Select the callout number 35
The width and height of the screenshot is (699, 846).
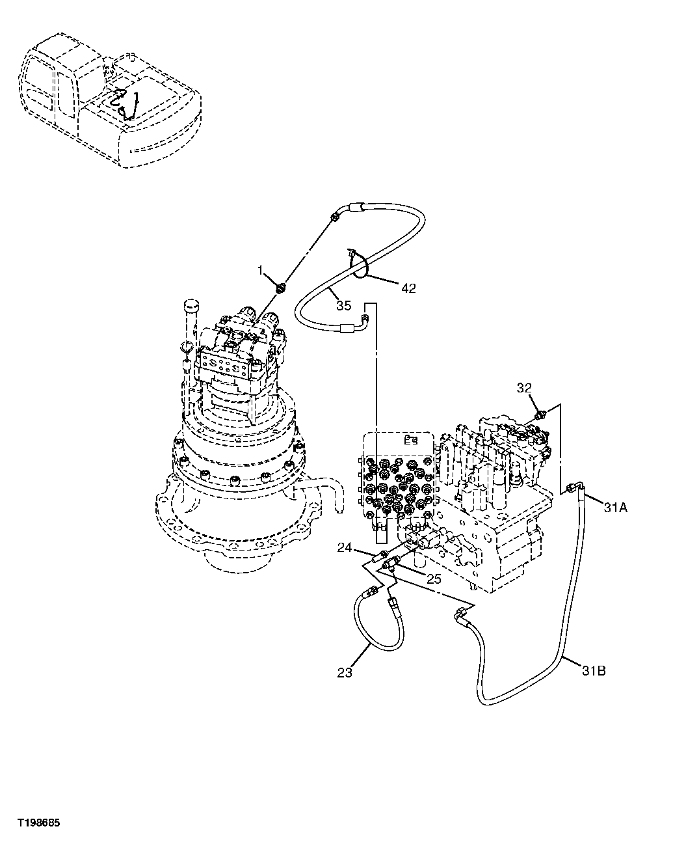click(x=343, y=305)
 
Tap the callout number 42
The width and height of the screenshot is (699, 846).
click(x=408, y=288)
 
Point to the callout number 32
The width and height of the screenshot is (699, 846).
click(x=524, y=389)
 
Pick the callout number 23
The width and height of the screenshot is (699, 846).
click(x=345, y=673)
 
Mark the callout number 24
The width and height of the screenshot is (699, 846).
click(x=345, y=548)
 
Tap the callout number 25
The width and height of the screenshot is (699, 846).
click(x=434, y=577)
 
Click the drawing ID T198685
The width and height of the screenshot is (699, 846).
click(x=38, y=823)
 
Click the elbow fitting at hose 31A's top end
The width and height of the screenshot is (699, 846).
click(x=573, y=486)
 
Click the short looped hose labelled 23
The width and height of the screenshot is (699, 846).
click(x=377, y=625)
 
